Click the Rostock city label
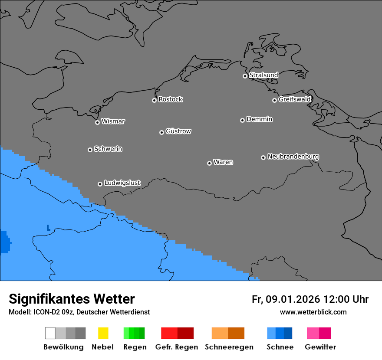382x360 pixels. point(171,99)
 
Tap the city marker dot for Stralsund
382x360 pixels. point(245,76)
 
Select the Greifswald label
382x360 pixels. point(294,99)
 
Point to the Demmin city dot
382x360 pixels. point(242,120)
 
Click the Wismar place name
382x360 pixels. point(113,121)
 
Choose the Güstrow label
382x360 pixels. point(178,131)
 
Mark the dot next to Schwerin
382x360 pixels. point(90,150)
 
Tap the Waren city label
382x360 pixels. point(223,162)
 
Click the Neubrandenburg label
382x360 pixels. point(293,157)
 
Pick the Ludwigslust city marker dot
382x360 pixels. point(100,184)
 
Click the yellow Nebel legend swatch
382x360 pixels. point(103,333)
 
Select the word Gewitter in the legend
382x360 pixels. point(320,347)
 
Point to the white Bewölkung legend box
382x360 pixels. point(50,333)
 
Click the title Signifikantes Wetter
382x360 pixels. point(72,299)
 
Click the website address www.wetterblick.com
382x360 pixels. point(313,312)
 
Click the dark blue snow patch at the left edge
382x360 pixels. point(4,242)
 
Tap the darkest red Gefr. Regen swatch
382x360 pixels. point(185,333)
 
